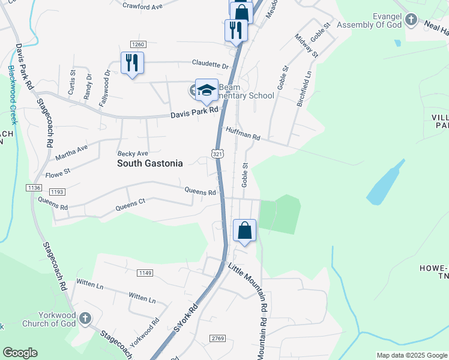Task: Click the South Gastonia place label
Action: pos(149,163)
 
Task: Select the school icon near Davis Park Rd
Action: pos(206,91)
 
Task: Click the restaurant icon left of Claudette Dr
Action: pos(132,62)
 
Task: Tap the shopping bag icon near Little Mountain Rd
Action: pos(245,230)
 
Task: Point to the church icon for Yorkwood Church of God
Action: pos(85,317)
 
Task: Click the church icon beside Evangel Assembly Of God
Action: pos(411,20)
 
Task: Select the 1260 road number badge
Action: pos(138,44)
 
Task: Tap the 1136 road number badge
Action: pos(34,188)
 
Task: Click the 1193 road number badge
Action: pos(57,192)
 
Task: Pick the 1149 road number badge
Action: pos(145,273)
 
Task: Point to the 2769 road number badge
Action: pos(217,339)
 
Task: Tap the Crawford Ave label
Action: pos(143,7)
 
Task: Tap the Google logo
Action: pos(20,353)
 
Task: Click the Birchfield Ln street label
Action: pos(304,89)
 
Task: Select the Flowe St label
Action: pos(58,173)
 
